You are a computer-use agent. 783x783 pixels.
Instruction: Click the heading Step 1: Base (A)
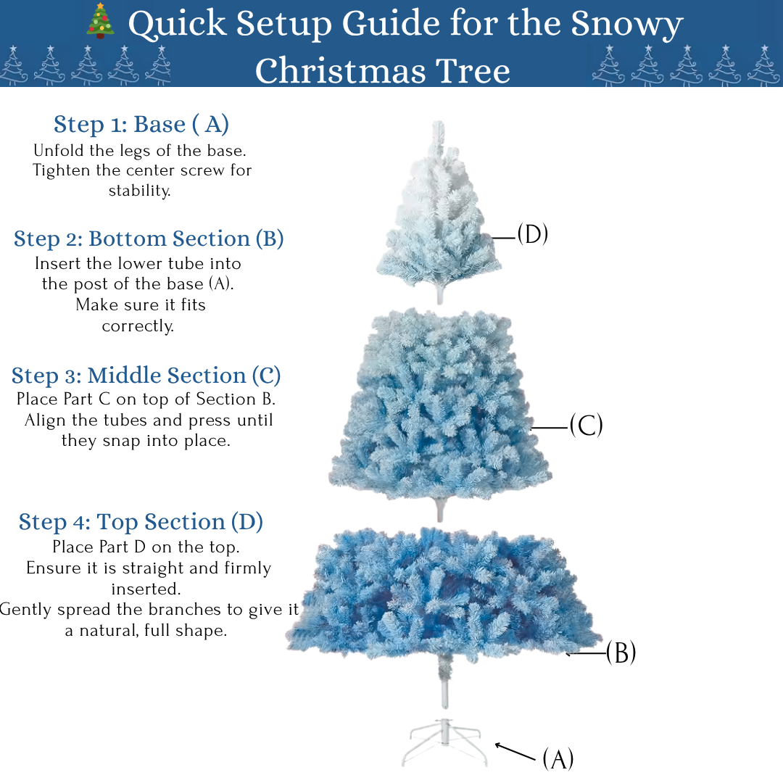click(x=141, y=125)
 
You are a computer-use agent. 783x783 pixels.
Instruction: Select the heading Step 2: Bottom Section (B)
click(x=149, y=239)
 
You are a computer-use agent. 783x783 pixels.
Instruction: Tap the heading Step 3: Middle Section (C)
click(x=146, y=376)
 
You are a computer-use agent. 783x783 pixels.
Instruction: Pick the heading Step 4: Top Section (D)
click(x=141, y=522)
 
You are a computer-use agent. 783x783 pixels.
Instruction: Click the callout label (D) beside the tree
click(x=532, y=234)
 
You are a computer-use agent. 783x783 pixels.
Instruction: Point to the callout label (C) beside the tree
click(x=586, y=426)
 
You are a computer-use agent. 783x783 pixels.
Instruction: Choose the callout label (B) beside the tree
click(x=621, y=652)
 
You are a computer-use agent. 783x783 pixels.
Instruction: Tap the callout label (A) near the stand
click(x=558, y=759)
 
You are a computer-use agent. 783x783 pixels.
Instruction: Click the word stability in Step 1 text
click(x=139, y=191)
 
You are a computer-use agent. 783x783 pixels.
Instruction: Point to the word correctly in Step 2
click(x=138, y=326)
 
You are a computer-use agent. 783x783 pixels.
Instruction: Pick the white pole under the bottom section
click(x=443, y=685)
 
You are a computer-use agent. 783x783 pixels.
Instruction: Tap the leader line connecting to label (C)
click(x=549, y=428)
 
